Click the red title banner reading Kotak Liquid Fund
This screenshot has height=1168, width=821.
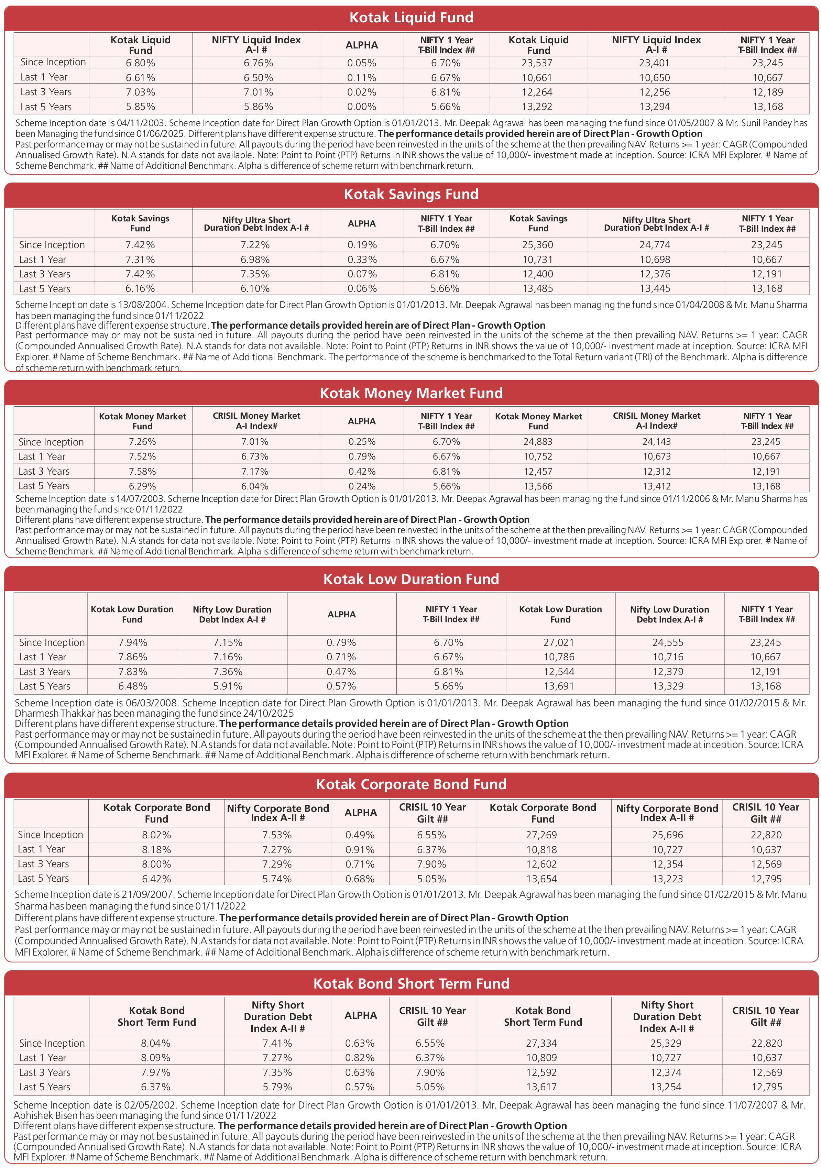411,18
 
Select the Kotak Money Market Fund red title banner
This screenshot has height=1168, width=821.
411,393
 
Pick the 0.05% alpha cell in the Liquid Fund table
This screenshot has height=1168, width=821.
362,63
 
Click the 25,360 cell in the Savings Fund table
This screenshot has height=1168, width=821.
538,245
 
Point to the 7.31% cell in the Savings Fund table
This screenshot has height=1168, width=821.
140,260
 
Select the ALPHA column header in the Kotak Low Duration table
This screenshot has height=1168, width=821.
341,614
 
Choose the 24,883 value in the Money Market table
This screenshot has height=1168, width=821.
538,442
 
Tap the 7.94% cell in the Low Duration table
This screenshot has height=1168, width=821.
133,642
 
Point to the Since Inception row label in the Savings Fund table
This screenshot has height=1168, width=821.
52,245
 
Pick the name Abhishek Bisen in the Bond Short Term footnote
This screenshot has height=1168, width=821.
45,1116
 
